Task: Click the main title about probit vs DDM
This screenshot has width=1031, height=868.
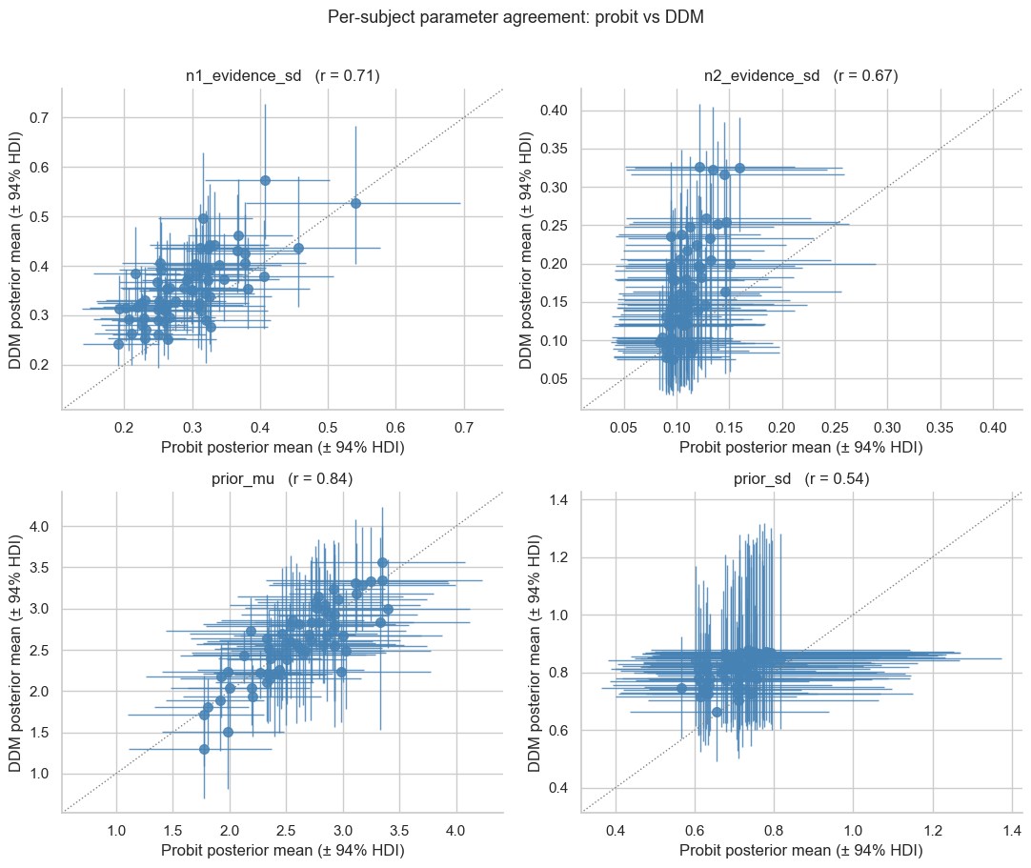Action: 515,17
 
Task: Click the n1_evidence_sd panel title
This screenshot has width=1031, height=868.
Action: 283,75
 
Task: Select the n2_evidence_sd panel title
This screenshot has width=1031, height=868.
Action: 800,75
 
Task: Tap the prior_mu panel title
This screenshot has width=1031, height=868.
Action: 282,478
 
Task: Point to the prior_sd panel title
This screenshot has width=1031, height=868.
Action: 801,478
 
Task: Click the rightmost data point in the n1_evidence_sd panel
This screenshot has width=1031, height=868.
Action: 355,203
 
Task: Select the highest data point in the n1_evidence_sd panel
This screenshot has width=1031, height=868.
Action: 265,180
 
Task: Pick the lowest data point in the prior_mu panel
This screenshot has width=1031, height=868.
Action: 205,749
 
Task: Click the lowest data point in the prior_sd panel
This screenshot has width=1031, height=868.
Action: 717,712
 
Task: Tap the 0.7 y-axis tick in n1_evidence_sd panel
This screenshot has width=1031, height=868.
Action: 39,118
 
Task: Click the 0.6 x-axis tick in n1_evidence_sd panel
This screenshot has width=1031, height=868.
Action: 395,428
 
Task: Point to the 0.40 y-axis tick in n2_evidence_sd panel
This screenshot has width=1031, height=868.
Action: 554,111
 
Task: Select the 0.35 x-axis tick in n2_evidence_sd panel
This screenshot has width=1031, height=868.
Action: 940,428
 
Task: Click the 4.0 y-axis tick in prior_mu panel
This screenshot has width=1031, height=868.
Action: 39,527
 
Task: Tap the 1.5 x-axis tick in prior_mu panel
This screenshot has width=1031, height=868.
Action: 172,831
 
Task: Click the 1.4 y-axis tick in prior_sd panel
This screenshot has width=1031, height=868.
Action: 559,500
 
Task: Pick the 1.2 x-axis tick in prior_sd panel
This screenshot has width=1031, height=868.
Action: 933,831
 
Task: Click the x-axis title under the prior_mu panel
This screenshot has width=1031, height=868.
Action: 283,850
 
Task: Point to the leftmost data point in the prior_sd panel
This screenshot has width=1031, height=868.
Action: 682,689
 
